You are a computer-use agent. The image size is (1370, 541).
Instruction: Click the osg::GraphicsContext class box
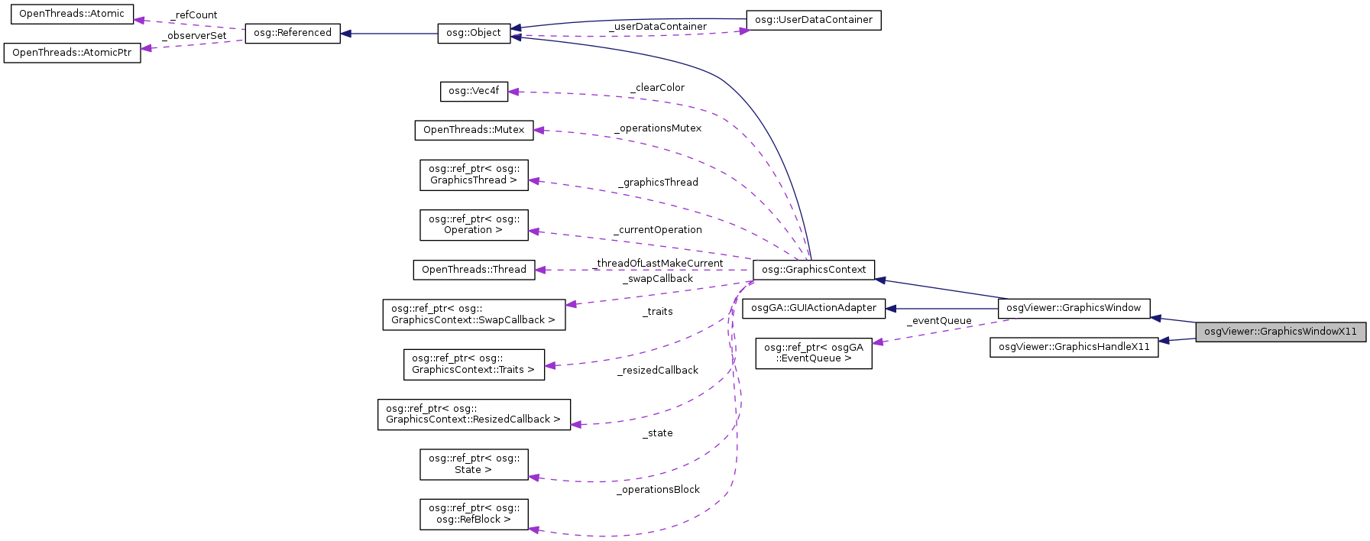(814, 270)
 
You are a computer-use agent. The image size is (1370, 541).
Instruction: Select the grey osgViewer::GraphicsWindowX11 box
(1281, 332)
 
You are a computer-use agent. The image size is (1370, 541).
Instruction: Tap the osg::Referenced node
(293, 33)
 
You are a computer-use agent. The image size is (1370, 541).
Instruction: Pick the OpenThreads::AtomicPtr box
(72, 53)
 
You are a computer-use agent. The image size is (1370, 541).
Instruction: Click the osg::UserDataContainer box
(813, 20)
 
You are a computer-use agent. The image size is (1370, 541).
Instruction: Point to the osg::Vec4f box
(474, 91)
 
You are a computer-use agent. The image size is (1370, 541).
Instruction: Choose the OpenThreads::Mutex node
(474, 130)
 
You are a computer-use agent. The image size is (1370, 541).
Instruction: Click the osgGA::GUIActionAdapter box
(814, 308)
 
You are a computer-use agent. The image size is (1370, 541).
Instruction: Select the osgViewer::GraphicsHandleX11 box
(1074, 347)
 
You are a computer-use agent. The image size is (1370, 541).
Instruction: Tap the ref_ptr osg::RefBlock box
(474, 514)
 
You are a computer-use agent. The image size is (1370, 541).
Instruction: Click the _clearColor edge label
(657, 88)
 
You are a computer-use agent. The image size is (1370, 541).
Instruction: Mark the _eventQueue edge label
(939, 321)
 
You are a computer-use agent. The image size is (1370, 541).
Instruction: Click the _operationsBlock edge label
(658, 490)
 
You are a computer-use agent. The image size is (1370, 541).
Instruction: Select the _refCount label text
(194, 15)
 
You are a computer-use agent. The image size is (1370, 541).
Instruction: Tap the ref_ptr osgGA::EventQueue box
(814, 353)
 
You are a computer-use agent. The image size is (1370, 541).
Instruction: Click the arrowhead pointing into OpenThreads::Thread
(540, 270)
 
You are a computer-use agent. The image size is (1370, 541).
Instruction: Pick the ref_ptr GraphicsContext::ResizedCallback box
(474, 414)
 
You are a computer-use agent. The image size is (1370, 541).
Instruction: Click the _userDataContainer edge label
(658, 27)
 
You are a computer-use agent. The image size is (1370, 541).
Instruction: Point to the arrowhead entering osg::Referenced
(346, 34)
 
